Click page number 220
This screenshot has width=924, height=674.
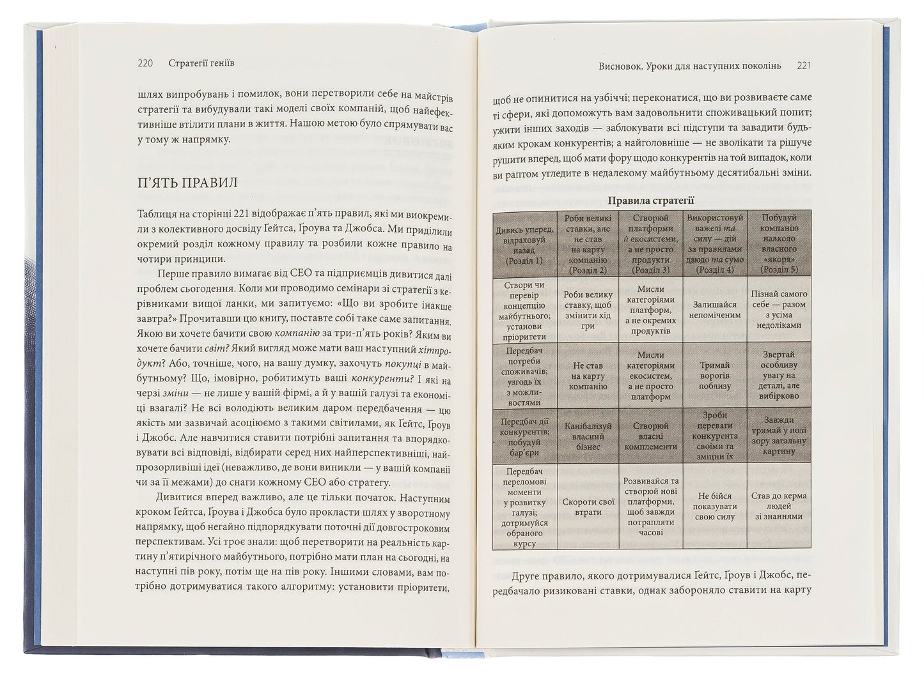coord(145,63)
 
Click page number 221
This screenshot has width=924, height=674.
coord(804,66)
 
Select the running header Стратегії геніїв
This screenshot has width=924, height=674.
coord(201,63)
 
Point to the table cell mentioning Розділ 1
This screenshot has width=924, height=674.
coord(524,244)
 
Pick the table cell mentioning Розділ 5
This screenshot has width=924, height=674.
coord(779,244)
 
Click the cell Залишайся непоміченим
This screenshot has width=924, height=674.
coord(715,310)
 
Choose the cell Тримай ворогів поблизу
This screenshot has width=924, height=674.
coord(715,376)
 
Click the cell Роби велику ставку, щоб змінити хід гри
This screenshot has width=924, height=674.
coord(588,310)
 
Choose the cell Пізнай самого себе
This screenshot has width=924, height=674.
coord(779,310)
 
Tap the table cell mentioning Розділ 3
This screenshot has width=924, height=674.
coord(651,244)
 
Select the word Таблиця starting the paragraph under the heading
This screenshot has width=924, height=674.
coord(155,215)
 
